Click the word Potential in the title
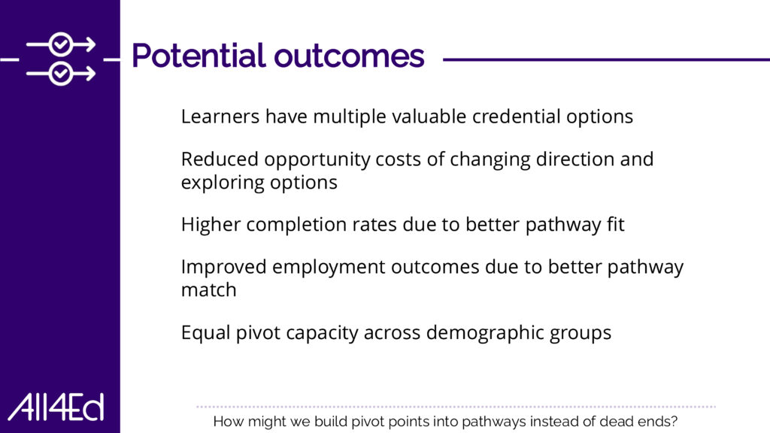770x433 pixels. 199,55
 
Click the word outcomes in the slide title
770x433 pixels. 349,56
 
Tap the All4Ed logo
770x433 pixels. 56,407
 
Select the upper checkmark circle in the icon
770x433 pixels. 61,44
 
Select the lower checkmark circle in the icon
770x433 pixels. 61,74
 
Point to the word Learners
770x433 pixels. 220,117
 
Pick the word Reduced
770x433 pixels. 220,159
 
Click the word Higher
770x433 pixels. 211,224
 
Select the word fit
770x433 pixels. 616,224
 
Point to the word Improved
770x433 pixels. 223,267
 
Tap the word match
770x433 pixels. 209,289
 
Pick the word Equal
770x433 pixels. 205,333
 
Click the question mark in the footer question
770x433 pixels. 674,421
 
